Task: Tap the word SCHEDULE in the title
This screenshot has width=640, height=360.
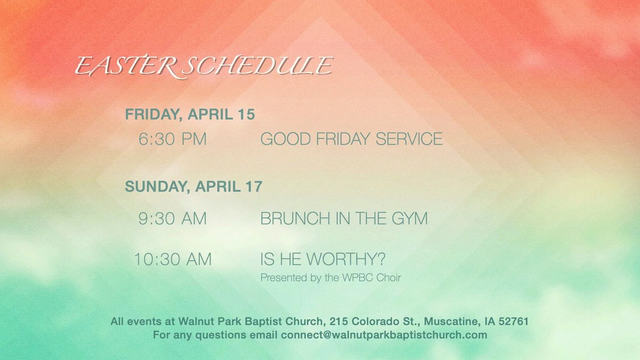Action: pyautogui.click(x=257, y=66)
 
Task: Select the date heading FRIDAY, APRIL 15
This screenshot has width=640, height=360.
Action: pyautogui.click(x=190, y=114)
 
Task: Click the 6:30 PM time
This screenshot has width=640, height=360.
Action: pyautogui.click(x=172, y=139)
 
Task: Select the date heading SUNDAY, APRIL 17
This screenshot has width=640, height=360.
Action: pyautogui.click(x=193, y=187)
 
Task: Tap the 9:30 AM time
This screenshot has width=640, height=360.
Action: pyautogui.click(x=172, y=219)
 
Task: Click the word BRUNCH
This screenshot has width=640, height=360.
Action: pyautogui.click(x=295, y=219)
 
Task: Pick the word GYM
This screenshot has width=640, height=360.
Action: pyautogui.click(x=410, y=219)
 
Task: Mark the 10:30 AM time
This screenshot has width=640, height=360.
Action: pyautogui.click(x=172, y=259)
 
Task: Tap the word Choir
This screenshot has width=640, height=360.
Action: pyautogui.click(x=389, y=278)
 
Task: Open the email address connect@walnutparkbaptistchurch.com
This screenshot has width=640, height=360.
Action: pyautogui.click(x=384, y=335)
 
